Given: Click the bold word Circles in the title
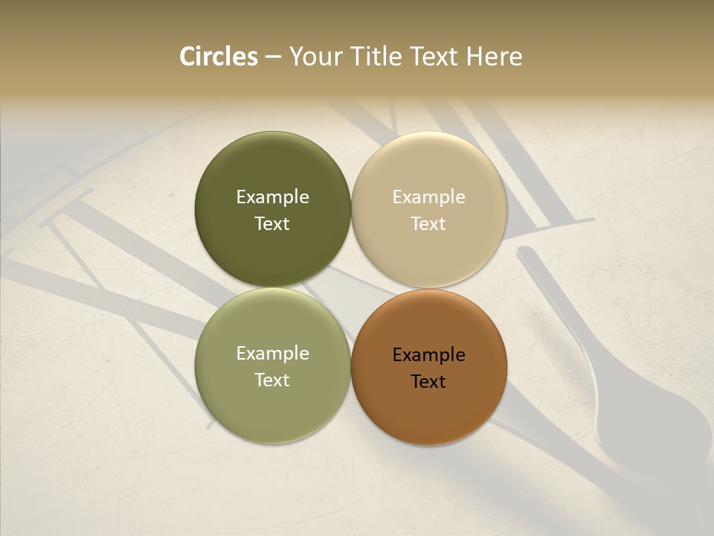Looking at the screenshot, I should [219, 57].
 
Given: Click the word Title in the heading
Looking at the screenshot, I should [376, 57].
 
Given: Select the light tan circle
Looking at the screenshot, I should [428, 167].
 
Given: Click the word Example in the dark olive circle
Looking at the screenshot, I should [272, 197].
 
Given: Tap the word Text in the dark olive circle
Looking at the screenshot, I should [272, 224].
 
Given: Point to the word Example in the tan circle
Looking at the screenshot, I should [428, 197].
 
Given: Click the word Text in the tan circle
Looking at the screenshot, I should [428, 224].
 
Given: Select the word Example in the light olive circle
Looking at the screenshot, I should [272, 354].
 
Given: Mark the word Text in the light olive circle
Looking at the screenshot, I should [272, 380].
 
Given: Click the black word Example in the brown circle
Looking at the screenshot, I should [428, 355].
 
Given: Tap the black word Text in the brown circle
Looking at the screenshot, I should [428, 382].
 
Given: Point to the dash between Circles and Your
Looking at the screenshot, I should [273, 57].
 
